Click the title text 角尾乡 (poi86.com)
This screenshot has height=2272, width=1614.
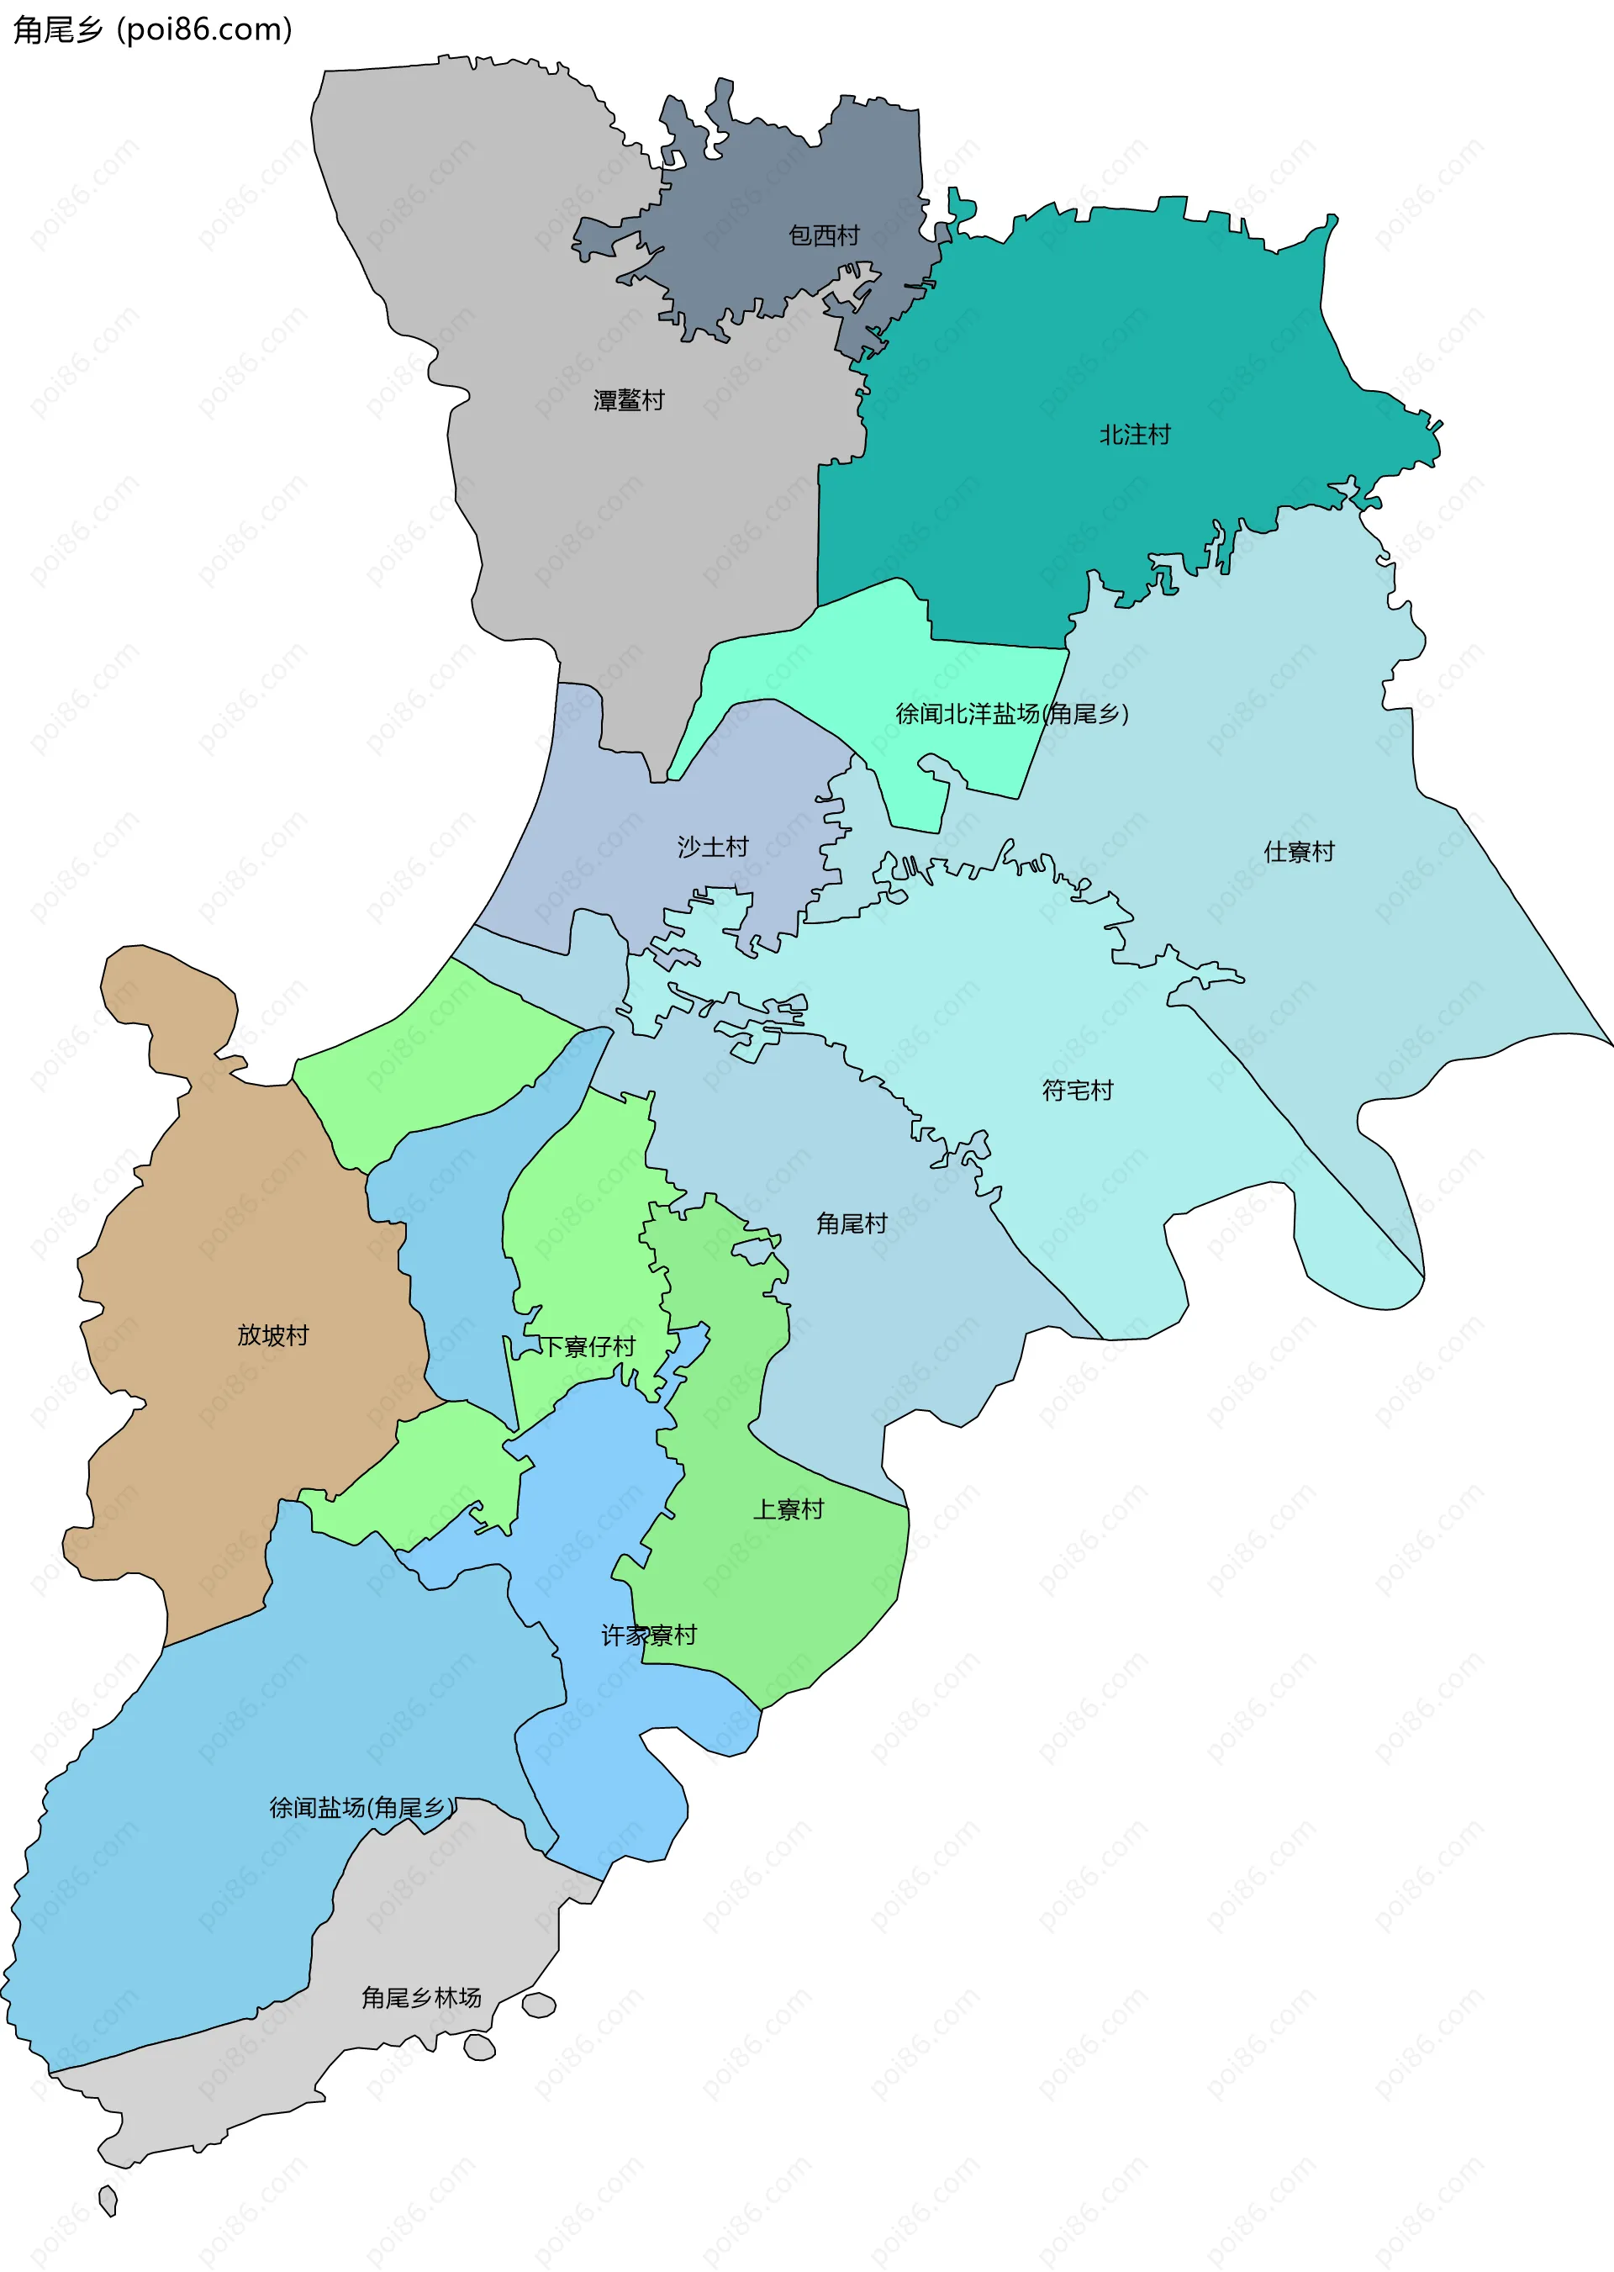152,29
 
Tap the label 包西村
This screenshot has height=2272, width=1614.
823,235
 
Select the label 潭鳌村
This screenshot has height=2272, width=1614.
628,400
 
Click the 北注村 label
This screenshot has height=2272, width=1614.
1134,435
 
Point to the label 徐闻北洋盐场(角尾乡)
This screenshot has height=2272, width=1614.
1012,714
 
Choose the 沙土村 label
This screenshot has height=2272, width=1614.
712,847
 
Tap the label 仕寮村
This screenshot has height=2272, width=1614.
1298,852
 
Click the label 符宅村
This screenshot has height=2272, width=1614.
1078,1091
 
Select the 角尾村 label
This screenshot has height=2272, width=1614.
851,1223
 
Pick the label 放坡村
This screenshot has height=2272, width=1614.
272,1334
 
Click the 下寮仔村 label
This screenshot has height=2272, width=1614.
587,1347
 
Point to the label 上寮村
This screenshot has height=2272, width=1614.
789,1509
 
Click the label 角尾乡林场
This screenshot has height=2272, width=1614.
420,1998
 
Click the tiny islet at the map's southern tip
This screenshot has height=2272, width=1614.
108,2200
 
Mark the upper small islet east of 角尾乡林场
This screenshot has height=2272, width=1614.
539,2005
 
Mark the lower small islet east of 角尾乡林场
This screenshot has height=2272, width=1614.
479,2047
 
